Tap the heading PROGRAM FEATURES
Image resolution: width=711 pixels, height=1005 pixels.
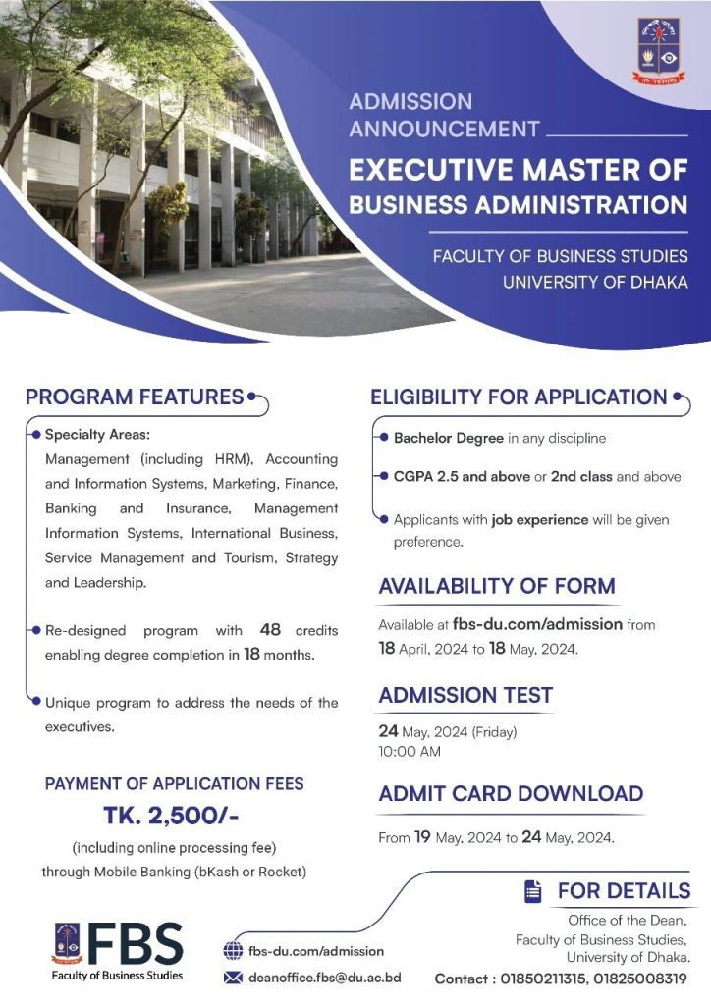coord(135,397)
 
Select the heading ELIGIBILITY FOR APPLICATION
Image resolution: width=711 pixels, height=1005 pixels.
coord(519,397)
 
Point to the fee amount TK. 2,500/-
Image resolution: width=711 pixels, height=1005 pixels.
coord(171,817)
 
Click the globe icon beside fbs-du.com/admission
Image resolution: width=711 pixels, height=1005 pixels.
coord(233,951)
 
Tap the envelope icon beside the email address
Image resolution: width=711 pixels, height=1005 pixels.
coord(233,977)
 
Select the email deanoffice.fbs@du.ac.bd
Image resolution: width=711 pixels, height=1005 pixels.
coord(324,978)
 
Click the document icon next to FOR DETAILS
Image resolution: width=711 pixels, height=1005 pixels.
coord(533,891)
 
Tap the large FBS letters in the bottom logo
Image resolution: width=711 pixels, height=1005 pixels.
coord(135,943)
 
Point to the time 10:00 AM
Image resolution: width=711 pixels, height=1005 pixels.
coord(410,752)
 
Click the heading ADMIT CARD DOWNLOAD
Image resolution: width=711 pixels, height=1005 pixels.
coord(511,793)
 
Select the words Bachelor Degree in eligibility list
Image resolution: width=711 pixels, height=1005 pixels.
coord(449,438)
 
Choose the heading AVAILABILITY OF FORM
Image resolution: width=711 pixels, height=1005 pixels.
coord(497,586)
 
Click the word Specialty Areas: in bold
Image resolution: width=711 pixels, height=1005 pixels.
coord(97,434)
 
